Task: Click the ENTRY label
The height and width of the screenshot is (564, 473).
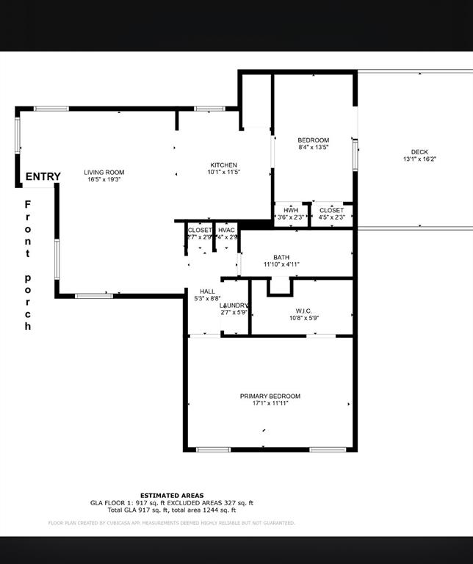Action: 43,176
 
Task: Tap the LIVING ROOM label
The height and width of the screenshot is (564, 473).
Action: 104,173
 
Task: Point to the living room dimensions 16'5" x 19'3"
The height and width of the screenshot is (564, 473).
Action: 104,179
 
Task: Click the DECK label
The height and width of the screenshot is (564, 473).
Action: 419,152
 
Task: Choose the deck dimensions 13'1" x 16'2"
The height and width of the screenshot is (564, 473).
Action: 419,159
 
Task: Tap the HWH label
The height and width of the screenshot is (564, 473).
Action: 290,210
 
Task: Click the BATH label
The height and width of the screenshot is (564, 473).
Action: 281,257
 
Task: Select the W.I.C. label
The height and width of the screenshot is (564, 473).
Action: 303,311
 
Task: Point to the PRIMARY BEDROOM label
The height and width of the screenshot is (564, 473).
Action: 270,396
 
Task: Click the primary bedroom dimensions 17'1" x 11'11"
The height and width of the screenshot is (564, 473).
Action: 270,403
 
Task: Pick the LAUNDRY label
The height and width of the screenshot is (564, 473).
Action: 235,305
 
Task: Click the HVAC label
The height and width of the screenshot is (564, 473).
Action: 227,230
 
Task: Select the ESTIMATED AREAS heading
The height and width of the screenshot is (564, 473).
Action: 172,495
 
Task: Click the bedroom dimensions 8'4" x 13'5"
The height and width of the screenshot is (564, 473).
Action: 313,147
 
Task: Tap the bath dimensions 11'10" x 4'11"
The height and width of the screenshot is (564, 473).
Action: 281,264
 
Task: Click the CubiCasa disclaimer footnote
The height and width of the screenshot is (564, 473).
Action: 172,523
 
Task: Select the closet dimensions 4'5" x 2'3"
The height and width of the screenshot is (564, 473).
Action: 331,217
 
